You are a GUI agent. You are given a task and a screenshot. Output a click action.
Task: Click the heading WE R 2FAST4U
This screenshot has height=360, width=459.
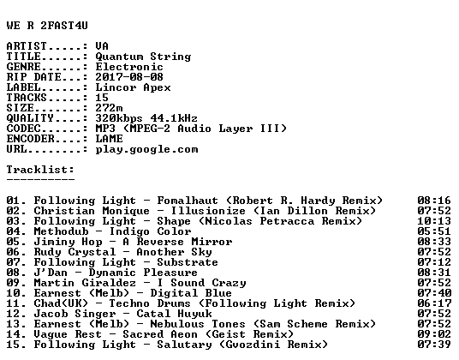click(47, 26)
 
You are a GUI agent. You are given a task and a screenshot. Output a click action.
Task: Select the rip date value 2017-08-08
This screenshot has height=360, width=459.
click(129, 77)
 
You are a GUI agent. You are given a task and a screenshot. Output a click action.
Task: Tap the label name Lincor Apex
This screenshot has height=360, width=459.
click(133, 87)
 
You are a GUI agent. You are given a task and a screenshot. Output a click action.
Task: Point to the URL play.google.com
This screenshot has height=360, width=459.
click(146, 149)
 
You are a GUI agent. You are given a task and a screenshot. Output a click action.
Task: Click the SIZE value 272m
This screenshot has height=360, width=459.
click(109, 108)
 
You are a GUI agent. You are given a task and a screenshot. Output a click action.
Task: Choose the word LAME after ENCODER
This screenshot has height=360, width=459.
click(109, 139)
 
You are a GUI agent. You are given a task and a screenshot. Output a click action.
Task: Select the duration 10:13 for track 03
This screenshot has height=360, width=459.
click(434, 221)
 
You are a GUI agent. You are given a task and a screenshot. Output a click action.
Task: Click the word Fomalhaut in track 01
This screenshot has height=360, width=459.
click(188, 201)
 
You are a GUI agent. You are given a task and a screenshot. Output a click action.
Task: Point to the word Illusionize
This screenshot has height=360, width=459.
click(208, 211)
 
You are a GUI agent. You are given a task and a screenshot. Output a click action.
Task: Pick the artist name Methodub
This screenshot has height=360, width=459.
click(61, 231)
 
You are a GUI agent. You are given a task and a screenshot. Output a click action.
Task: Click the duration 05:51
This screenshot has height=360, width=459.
click(434, 231)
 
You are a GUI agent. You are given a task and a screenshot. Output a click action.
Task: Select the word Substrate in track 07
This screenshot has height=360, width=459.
click(188, 262)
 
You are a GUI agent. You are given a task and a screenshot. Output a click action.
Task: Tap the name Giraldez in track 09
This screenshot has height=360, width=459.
click(109, 283)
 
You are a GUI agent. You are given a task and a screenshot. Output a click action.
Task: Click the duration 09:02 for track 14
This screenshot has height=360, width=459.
click(434, 334)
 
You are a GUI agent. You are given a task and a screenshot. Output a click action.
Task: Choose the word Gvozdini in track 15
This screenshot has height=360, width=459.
click(253, 345)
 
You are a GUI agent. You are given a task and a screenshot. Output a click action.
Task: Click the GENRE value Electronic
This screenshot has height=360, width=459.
click(129, 67)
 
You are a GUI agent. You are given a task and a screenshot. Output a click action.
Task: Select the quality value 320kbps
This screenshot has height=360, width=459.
click(119, 118)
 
